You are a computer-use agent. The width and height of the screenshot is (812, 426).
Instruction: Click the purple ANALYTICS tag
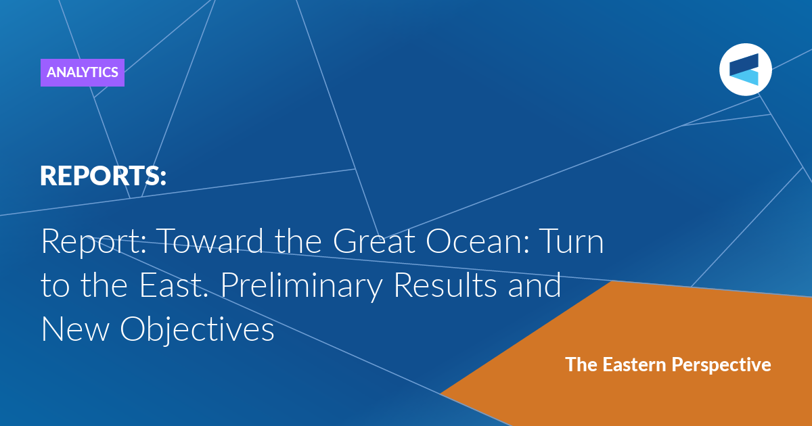pyautogui.click(x=83, y=72)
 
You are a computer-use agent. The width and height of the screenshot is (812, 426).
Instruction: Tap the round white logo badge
pyautogui.click(x=745, y=70)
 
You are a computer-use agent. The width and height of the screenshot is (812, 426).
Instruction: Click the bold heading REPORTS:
pyautogui.click(x=103, y=176)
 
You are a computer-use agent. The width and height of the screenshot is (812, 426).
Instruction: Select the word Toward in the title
pyautogui.click(x=211, y=241)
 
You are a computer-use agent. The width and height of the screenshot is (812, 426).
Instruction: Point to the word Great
pyautogui.click(x=374, y=241)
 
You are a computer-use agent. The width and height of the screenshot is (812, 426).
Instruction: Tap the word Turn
pyautogui.click(x=572, y=241)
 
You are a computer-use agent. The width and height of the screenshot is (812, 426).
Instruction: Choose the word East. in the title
pyautogui.click(x=174, y=285)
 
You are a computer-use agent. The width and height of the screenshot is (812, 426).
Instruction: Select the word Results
pyautogui.click(x=445, y=285)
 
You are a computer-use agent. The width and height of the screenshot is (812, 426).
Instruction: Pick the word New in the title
pyautogui.click(x=75, y=329)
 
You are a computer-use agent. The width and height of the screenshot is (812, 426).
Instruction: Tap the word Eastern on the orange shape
pyautogui.click(x=635, y=364)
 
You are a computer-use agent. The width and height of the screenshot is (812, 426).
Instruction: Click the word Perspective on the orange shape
pyautogui.click(x=721, y=365)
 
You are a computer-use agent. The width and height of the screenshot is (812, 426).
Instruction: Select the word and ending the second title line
pyautogui.click(x=535, y=285)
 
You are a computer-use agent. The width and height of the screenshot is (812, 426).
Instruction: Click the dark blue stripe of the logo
pyautogui.click(x=744, y=65)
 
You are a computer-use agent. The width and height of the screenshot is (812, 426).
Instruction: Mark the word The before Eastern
pyautogui.click(x=581, y=364)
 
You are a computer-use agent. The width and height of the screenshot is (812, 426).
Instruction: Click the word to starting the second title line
pyautogui.click(x=55, y=286)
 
